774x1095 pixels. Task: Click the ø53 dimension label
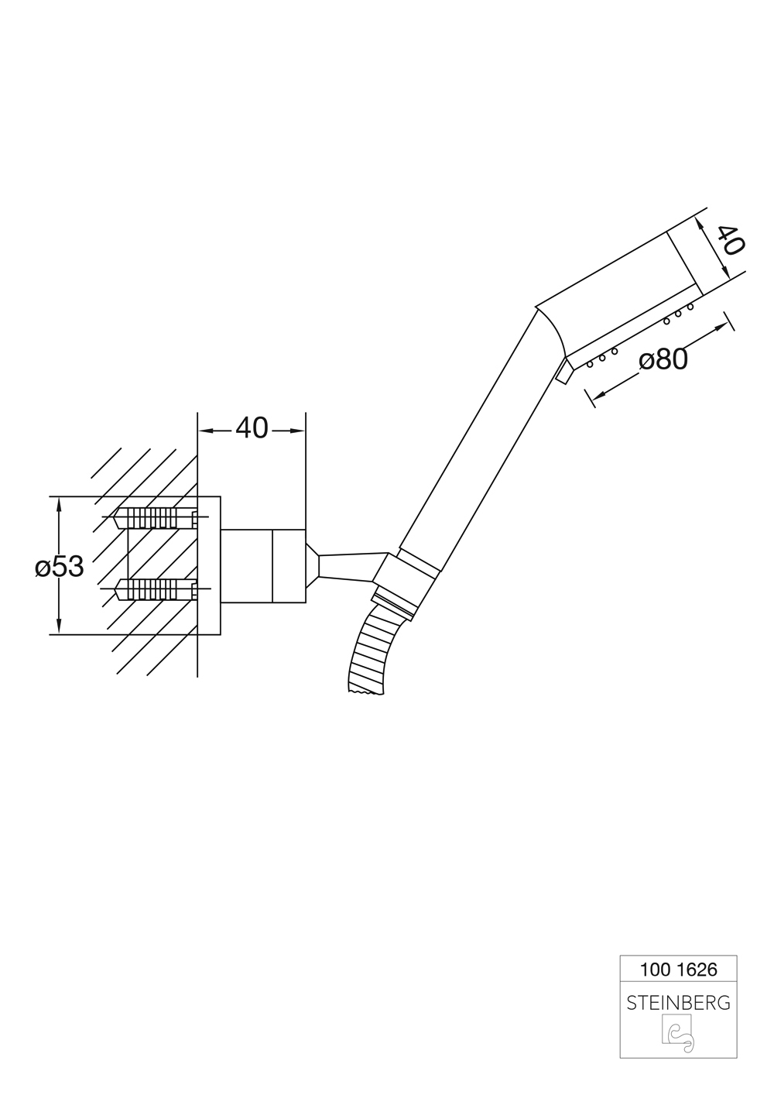tap(59, 567)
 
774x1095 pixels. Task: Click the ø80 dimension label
tap(663, 359)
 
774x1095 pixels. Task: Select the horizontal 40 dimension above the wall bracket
tap(252, 427)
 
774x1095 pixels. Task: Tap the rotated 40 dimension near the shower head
tap(729, 240)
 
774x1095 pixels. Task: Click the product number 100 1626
tap(678, 969)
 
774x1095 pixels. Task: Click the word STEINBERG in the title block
tap(678, 1003)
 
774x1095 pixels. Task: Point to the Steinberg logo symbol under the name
tap(677, 1035)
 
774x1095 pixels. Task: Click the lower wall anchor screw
tap(155, 589)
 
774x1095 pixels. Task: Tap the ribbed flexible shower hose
tap(370, 650)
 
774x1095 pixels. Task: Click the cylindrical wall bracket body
tap(263, 565)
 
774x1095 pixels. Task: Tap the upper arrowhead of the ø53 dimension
tap(59, 503)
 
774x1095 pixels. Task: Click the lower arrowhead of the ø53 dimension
tap(59, 628)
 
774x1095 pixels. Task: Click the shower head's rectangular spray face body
tap(619, 294)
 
